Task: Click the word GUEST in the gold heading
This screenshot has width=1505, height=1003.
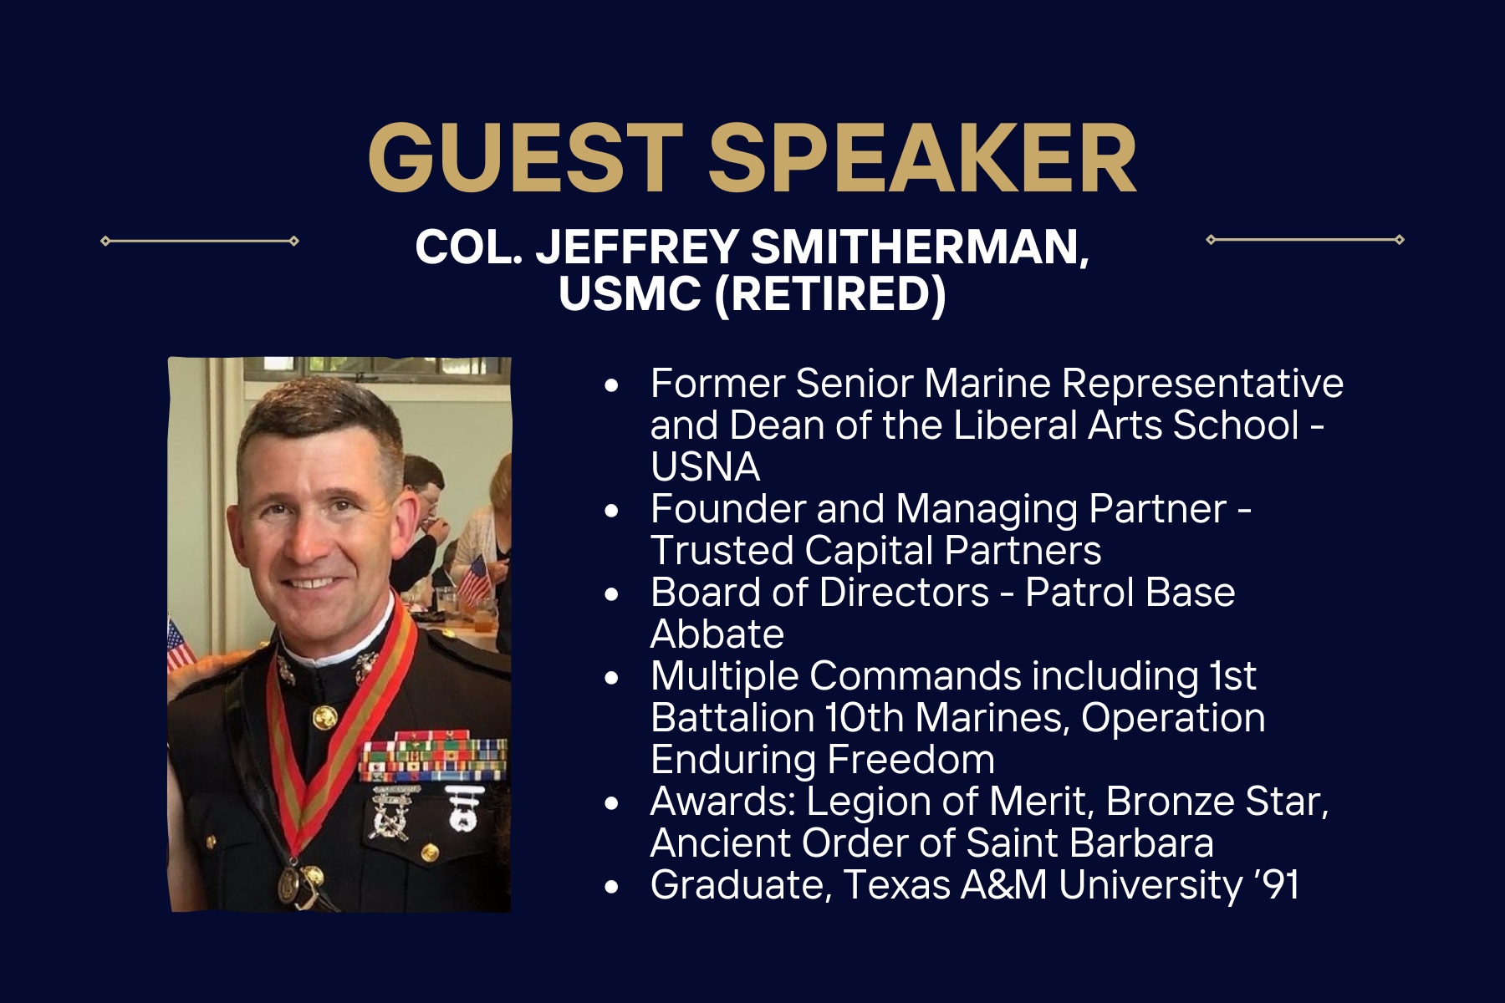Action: (526, 158)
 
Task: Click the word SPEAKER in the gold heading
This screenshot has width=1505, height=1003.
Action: (923, 158)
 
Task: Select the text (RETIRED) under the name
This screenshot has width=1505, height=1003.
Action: (830, 293)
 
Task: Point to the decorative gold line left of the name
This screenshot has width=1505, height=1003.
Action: (200, 241)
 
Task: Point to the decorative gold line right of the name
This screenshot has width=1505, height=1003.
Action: (1305, 240)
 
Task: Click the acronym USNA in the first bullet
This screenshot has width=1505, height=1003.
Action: (705, 466)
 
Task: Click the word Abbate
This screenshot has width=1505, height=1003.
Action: (717, 634)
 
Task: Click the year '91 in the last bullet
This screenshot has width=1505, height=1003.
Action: (1278, 884)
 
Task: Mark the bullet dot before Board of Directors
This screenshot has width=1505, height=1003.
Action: (613, 594)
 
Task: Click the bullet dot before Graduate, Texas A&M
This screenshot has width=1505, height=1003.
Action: (613, 887)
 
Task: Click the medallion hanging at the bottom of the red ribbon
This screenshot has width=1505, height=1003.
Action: (290, 882)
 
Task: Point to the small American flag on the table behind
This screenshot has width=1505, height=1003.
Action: (476, 578)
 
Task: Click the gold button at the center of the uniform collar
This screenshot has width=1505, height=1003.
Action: (324, 715)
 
